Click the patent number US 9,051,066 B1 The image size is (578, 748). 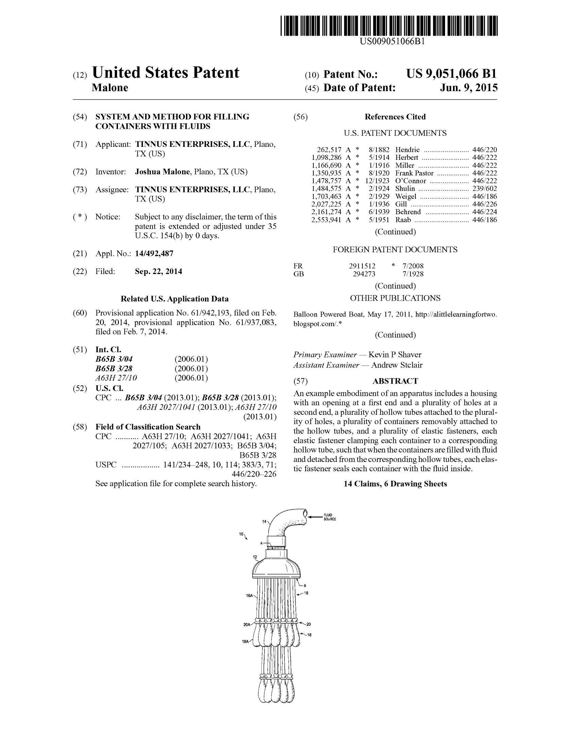[451, 74]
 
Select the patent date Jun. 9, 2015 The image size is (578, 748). [469, 88]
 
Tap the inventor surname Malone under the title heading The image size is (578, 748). [110, 88]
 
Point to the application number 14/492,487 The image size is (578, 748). [154, 253]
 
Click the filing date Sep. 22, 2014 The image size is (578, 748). [158, 272]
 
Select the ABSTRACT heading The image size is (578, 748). [395, 381]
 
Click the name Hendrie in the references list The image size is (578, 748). [407, 150]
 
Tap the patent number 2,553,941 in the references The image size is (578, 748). [326, 220]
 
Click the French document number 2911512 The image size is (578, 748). [362, 266]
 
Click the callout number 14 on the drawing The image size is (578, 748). [264, 521]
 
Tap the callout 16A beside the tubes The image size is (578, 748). [250, 596]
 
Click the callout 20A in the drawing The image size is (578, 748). [247, 625]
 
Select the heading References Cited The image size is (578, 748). [395, 117]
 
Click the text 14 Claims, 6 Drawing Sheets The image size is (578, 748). [395, 484]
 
